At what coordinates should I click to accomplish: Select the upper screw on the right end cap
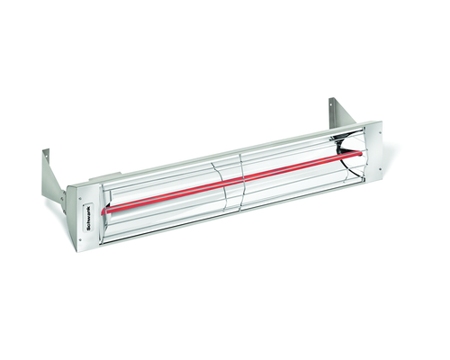point(379,128)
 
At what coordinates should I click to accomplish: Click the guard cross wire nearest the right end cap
point(346,157)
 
